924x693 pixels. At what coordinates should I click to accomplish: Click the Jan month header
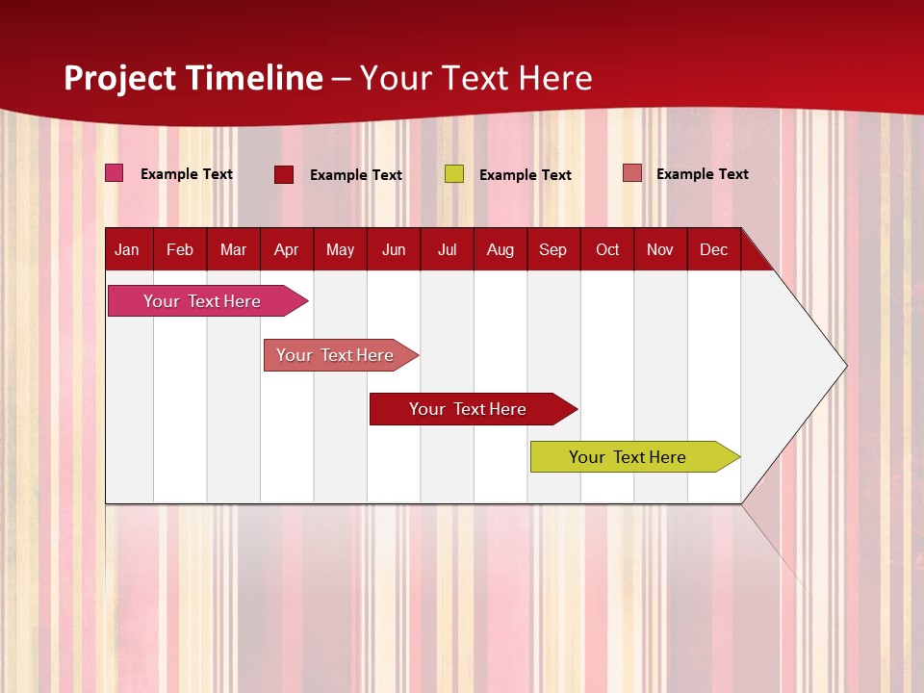tap(128, 249)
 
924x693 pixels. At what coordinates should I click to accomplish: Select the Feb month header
tap(180, 249)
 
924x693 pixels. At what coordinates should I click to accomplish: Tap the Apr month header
tap(287, 249)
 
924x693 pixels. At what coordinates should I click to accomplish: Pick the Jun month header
tap(394, 249)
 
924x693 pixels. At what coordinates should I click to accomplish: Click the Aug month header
tap(500, 249)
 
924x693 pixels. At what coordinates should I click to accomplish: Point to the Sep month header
tap(553, 249)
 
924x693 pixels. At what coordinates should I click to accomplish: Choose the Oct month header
tap(607, 249)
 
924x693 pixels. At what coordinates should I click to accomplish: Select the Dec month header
tap(714, 249)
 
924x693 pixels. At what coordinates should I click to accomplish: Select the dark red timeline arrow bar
tap(469, 409)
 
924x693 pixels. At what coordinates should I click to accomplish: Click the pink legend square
tap(115, 173)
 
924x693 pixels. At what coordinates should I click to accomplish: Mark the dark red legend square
tap(284, 174)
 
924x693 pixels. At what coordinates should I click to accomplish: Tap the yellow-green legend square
tap(454, 173)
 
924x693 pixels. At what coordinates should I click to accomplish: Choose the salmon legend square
tap(631, 173)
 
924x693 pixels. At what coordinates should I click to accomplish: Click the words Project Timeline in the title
tap(193, 78)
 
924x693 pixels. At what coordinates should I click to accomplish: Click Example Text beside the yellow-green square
tap(526, 175)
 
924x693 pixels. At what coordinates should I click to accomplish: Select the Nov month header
tap(660, 249)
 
